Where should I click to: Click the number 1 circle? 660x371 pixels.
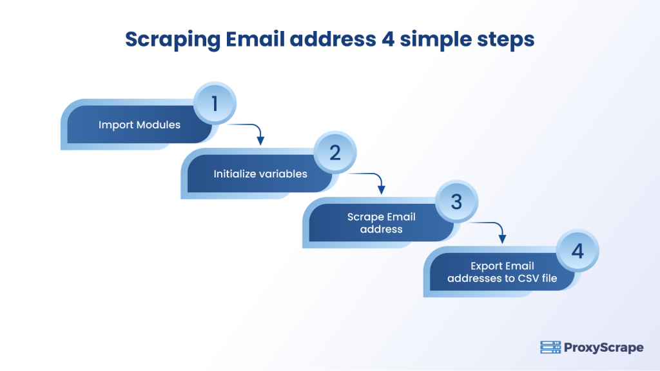click(215, 103)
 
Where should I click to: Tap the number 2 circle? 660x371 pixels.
click(335, 153)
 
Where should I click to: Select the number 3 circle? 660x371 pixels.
click(456, 202)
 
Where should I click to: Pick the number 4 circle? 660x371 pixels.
click(577, 251)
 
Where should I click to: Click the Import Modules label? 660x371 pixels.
click(139, 125)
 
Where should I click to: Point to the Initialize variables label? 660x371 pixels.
click(260, 174)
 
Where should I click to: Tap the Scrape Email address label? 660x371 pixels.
click(382, 223)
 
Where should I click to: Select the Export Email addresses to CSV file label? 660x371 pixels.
click(503, 272)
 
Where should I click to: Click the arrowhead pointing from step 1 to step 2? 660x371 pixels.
click(260, 140)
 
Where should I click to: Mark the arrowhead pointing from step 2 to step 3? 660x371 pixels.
click(381, 190)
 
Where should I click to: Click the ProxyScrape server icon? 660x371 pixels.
click(550, 348)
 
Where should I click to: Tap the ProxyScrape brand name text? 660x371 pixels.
click(603, 348)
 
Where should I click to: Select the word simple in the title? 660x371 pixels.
click(431, 40)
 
